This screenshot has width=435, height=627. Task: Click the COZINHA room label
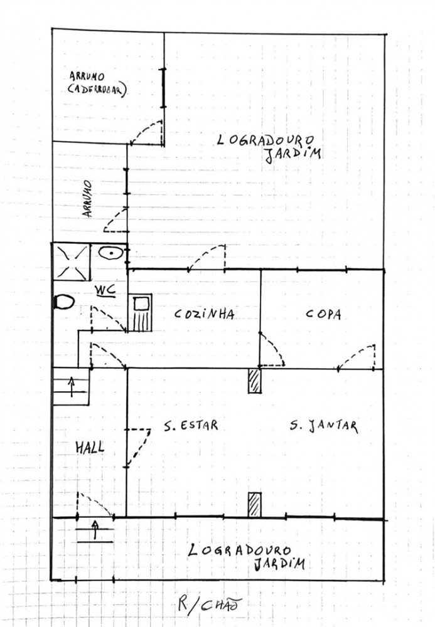(x=204, y=314)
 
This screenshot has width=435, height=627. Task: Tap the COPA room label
(x=323, y=314)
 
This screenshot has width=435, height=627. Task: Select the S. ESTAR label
(x=191, y=426)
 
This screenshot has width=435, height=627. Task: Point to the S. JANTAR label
(x=323, y=426)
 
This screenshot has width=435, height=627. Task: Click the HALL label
(x=90, y=447)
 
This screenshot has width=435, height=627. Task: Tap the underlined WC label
(x=105, y=290)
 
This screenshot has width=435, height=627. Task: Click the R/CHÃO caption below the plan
(x=210, y=604)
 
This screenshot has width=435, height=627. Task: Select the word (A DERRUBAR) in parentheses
(x=97, y=90)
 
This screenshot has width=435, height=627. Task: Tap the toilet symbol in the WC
(x=63, y=302)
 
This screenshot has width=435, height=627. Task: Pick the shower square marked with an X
(x=72, y=262)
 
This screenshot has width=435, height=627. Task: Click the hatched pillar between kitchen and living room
(x=254, y=381)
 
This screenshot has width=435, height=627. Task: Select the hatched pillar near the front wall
(x=254, y=505)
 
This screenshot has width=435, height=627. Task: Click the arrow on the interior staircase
(x=72, y=387)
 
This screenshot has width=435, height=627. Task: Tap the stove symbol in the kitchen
(x=140, y=313)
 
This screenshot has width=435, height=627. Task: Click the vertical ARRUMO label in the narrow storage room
(x=87, y=199)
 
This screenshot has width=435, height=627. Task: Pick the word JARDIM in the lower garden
(x=280, y=564)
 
